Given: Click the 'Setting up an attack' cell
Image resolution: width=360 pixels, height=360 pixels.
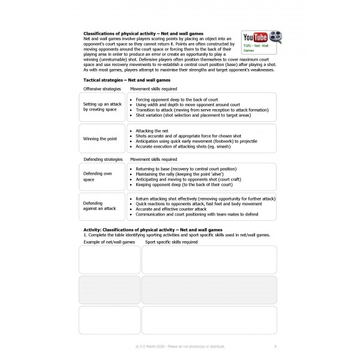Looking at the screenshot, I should [x=102, y=107].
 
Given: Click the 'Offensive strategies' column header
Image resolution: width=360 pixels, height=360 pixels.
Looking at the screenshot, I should [x=101, y=88].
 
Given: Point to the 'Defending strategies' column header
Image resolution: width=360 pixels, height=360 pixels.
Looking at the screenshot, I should [x=103, y=160].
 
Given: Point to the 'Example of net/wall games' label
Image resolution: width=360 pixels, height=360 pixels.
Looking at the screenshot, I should [x=107, y=242].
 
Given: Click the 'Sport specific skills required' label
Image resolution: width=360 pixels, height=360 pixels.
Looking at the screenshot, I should [x=172, y=242].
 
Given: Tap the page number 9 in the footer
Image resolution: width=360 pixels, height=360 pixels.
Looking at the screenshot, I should [x=275, y=346].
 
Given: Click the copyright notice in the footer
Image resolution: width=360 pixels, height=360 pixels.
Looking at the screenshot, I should [x=179, y=346].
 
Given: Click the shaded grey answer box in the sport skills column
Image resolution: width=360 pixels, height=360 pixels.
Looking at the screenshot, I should [x=209, y=290].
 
